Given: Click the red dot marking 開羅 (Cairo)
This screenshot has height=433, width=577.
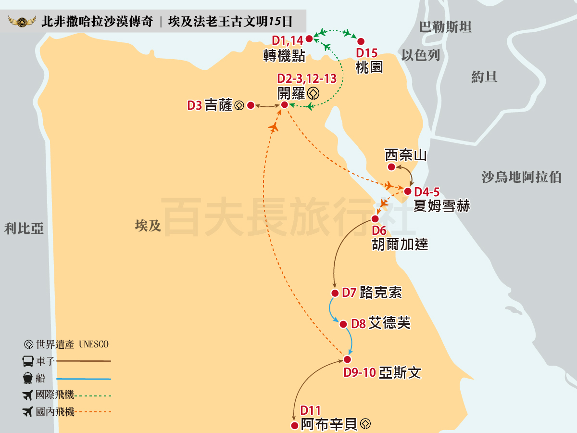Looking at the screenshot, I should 284,105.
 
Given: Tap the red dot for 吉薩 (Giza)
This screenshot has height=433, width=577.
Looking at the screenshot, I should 251,105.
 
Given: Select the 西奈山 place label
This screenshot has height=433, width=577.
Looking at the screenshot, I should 406,155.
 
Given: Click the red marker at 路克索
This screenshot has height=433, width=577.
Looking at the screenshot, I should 335,293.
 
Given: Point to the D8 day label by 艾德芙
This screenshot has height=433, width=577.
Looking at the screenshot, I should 358,324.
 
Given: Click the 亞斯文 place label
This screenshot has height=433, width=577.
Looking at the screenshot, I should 400,373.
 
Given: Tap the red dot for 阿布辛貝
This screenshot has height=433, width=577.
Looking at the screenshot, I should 294,425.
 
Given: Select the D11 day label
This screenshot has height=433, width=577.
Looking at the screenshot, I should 310,411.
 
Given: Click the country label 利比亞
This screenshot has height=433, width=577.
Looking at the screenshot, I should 24,228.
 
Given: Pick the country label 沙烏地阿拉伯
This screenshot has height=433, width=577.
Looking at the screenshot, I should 522,177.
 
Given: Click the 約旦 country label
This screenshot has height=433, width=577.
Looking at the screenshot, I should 484,76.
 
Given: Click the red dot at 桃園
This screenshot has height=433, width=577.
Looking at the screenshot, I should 361,41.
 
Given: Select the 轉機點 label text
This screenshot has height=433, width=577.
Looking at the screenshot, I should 284,56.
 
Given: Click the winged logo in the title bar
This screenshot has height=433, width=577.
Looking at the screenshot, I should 22,22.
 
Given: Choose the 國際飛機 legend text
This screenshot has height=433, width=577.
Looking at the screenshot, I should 55,395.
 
